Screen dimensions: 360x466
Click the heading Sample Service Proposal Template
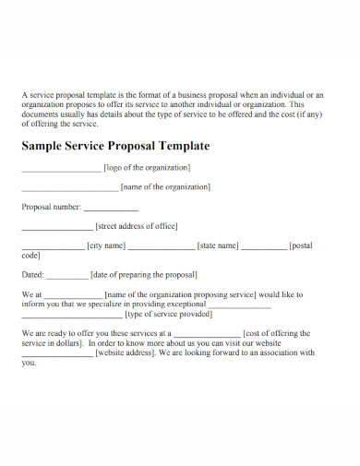pyautogui.click(x=115, y=146)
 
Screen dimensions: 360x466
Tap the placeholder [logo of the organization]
pyautogui.click(x=148, y=167)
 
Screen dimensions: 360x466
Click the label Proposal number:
pyautogui.click(x=52, y=207)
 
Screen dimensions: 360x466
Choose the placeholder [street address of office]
pyautogui.click(x=137, y=225)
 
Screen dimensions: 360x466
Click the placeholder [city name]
pyautogui.click(x=105, y=245)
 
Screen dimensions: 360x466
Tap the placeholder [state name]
pyautogui.click(x=219, y=245)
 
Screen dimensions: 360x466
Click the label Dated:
pyautogui.click(x=32, y=274)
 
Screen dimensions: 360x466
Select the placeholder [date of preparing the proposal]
pyautogui.click(x=145, y=274)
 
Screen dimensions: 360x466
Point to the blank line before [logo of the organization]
pyautogui.click(x=61, y=170)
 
